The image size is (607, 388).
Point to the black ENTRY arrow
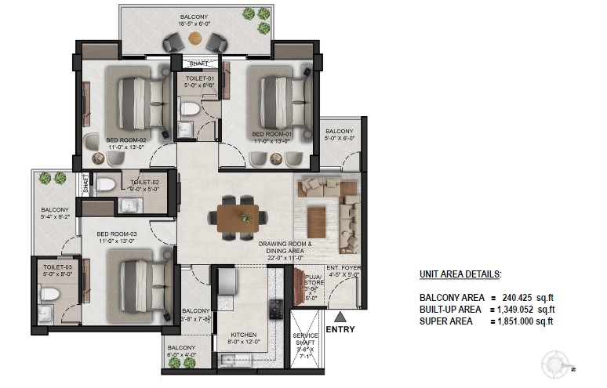340,317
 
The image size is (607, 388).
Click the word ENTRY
340,330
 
